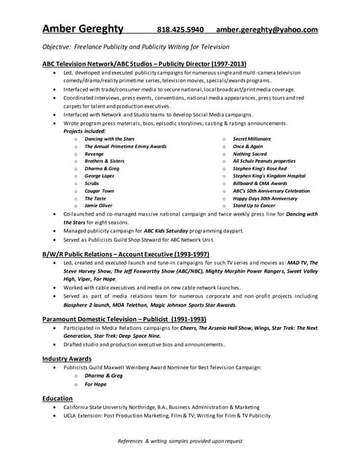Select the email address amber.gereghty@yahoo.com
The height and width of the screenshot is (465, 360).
coord(267,30)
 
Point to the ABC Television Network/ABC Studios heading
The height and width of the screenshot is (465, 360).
coord(145,64)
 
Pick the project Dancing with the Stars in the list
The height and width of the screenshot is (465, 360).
coord(109,138)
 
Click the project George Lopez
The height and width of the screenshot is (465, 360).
coord(102,175)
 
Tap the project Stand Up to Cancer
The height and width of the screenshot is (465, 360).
coord(259,205)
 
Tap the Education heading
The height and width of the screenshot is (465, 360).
coord(57,398)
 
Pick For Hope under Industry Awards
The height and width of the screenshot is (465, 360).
coord(95,384)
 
